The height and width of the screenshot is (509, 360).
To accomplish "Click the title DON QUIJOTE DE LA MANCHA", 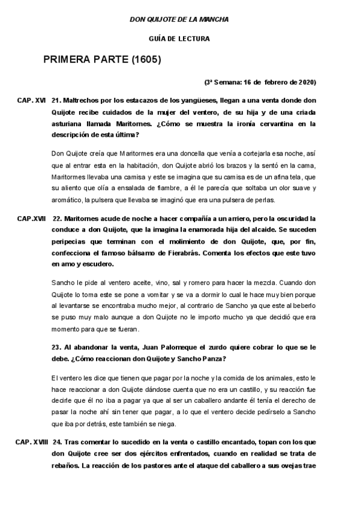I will pyautogui.click(x=179, y=20).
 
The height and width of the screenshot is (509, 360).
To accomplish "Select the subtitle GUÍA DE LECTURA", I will pyautogui.click(x=179, y=40).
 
